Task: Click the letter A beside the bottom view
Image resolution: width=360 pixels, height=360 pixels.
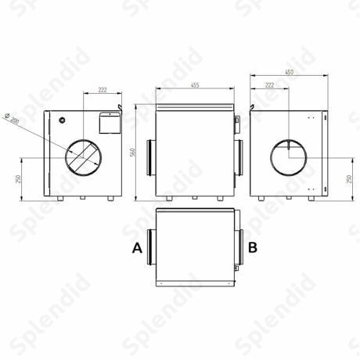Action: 137,247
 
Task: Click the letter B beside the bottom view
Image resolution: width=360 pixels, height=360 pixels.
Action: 253,247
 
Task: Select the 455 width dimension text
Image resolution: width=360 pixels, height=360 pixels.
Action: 195,85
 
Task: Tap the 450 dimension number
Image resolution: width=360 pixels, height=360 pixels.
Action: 289,72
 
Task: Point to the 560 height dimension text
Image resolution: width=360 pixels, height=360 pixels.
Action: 132,153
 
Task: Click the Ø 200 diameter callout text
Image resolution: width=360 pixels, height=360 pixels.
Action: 13,118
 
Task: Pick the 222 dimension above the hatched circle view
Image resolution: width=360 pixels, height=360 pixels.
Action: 103,90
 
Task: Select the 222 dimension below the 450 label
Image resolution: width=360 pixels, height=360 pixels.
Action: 270,85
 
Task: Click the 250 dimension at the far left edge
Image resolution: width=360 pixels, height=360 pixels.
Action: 18,179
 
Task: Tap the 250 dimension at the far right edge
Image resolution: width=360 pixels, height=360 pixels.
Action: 349,179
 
